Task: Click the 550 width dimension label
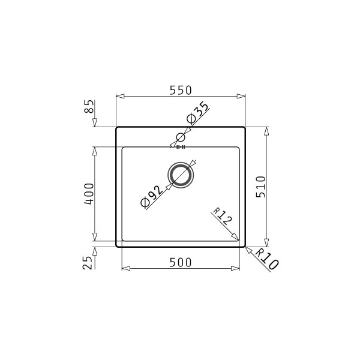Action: coord(180,90)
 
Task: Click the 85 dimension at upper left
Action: coord(89,108)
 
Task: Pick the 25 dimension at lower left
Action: coord(89,262)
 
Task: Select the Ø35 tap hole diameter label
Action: coord(197,112)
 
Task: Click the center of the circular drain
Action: coord(181,174)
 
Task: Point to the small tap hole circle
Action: coord(180,137)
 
